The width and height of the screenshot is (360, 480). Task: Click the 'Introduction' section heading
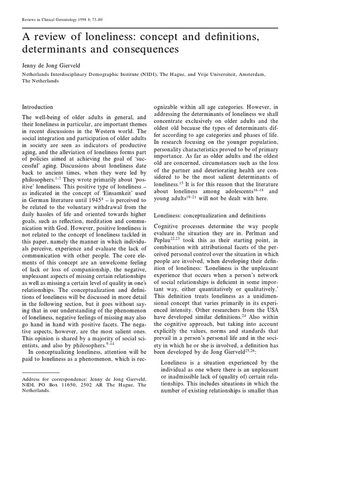(38, 107)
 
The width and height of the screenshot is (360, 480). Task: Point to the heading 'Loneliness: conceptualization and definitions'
(210, 215)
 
